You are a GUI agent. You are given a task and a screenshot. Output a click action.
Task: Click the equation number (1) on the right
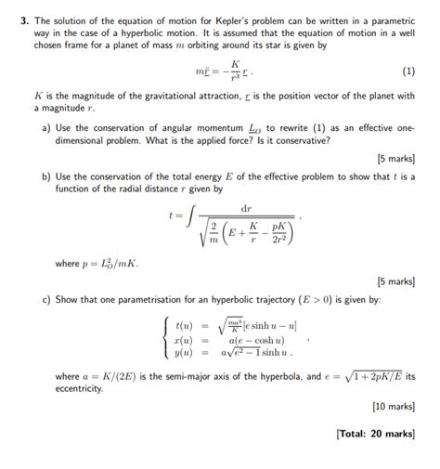[x=408, y=71]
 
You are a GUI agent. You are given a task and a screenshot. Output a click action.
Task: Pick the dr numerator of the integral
[x=246, y=207]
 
